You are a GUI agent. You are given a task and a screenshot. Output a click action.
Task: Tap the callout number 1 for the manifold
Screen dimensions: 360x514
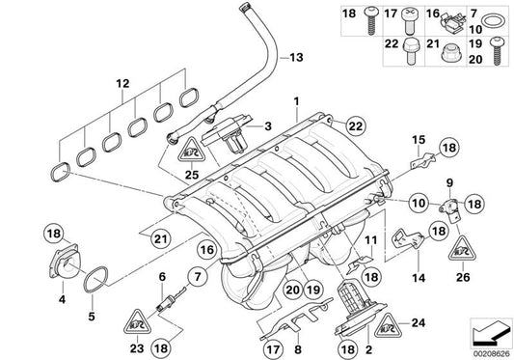297,99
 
